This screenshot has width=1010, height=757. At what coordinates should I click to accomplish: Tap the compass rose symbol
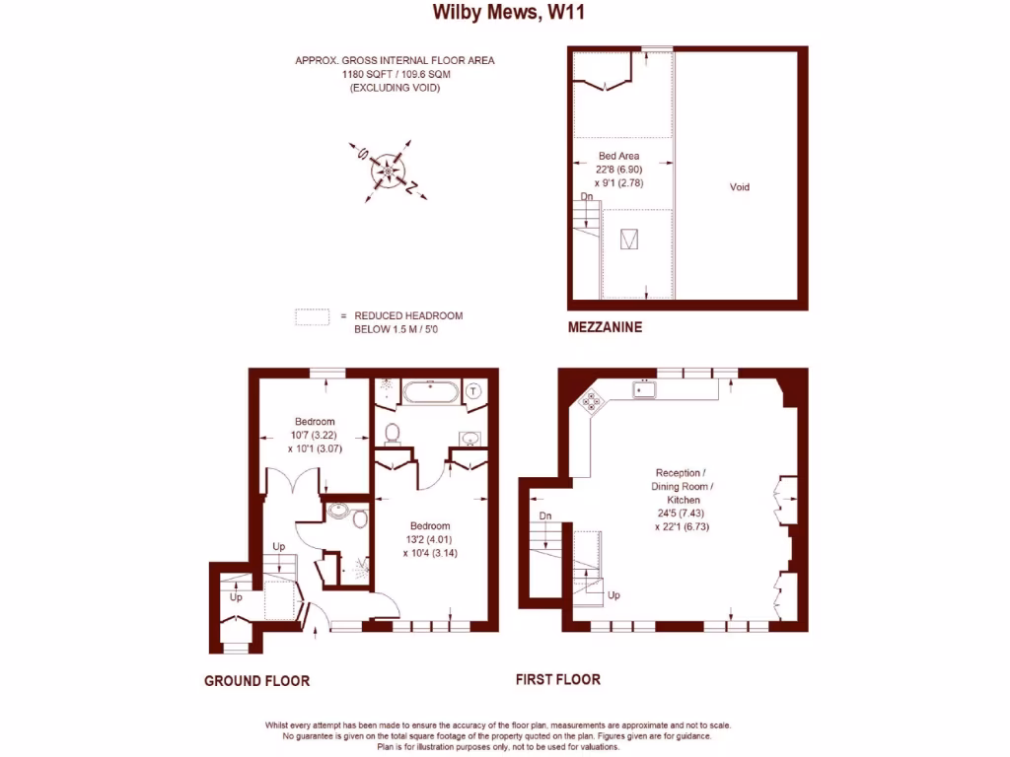388,172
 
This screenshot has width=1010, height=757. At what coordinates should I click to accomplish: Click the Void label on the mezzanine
739,186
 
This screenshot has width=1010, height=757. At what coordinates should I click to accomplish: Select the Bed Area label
619,156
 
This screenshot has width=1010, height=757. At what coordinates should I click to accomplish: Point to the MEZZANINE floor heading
605,327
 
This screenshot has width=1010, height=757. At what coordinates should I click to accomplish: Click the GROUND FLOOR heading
256,680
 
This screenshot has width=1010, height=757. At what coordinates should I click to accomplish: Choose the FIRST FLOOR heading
557,679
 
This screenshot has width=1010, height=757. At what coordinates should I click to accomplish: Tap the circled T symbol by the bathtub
475,390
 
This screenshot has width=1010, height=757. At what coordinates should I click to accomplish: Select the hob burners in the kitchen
592,401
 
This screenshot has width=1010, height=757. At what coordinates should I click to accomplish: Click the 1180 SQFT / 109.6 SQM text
395,74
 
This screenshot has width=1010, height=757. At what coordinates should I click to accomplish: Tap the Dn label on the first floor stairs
544,516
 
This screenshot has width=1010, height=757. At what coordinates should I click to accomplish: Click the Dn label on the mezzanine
586,197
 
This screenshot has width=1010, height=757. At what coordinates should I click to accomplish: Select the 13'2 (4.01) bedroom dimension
430,539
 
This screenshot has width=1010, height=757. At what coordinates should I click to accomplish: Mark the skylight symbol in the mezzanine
628,239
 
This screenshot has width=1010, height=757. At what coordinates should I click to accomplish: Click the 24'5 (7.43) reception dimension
682,514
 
